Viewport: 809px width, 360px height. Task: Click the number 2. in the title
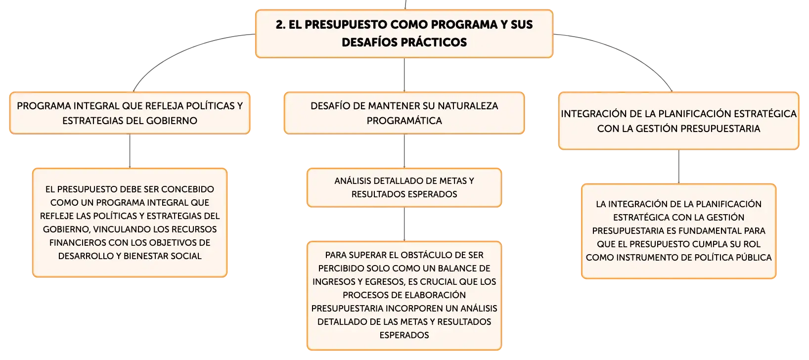(x=280, y=25)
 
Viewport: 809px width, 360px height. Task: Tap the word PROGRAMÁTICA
(x=404, y=121)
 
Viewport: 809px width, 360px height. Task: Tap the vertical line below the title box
(x=404, y=75)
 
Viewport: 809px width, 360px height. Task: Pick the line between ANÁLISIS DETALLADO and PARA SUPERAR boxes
(x=404, y=224)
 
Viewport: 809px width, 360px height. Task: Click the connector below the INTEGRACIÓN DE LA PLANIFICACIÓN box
(x=678, y=167)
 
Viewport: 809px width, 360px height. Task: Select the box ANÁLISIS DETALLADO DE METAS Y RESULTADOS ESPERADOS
(x=404, y=188)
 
